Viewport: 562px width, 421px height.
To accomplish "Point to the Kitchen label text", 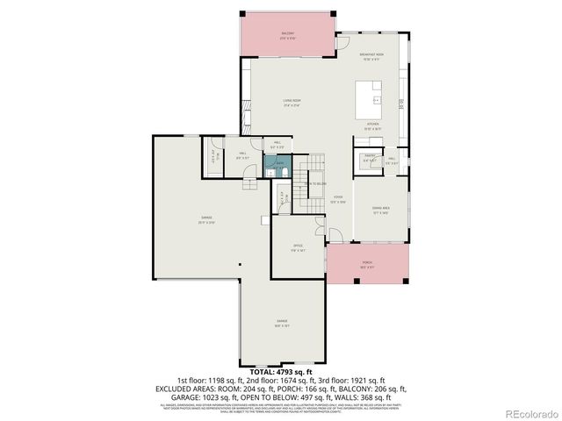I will [373, 125].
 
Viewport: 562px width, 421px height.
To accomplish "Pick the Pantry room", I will [371, 159].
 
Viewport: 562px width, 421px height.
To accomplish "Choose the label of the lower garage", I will [283, 322].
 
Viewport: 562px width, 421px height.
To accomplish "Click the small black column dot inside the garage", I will [239, 265].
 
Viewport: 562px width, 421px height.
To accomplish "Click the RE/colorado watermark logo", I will [528, 413].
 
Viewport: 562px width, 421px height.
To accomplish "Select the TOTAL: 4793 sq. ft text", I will [281, 373].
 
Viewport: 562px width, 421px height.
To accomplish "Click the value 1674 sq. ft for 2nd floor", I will [303, 380].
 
